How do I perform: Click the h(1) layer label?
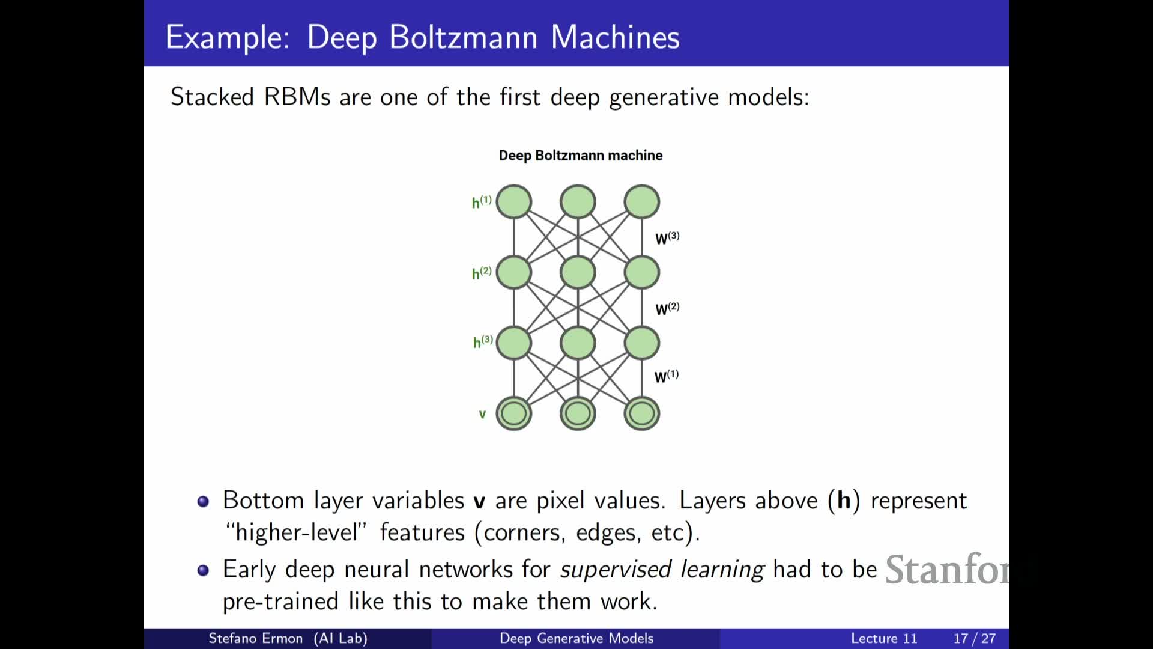[482, 202]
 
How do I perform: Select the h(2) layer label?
[482, 273]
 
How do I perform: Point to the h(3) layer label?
[483, 341]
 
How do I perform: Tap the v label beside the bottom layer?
[482, 414]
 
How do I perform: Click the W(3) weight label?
[667, 238]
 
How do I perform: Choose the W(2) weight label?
[667, 309]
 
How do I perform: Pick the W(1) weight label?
[667, 376]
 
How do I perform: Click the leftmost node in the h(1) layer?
[514, 201]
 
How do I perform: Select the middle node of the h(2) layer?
[578, 272]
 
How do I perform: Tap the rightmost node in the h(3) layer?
[642, 343]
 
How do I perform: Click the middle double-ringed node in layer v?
[578, 413]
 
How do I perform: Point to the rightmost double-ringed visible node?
[642, 413]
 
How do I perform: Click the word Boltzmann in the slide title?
[464, 37]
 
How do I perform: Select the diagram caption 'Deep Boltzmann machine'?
[581, 156]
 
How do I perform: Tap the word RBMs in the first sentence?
[297, 97]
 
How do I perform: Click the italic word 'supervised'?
[615, 569]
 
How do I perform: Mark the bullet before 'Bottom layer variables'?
[203, 501]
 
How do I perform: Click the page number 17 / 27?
[974, 638]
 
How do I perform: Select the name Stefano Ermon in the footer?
[255, 638]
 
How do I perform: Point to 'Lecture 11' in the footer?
[884, 638]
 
